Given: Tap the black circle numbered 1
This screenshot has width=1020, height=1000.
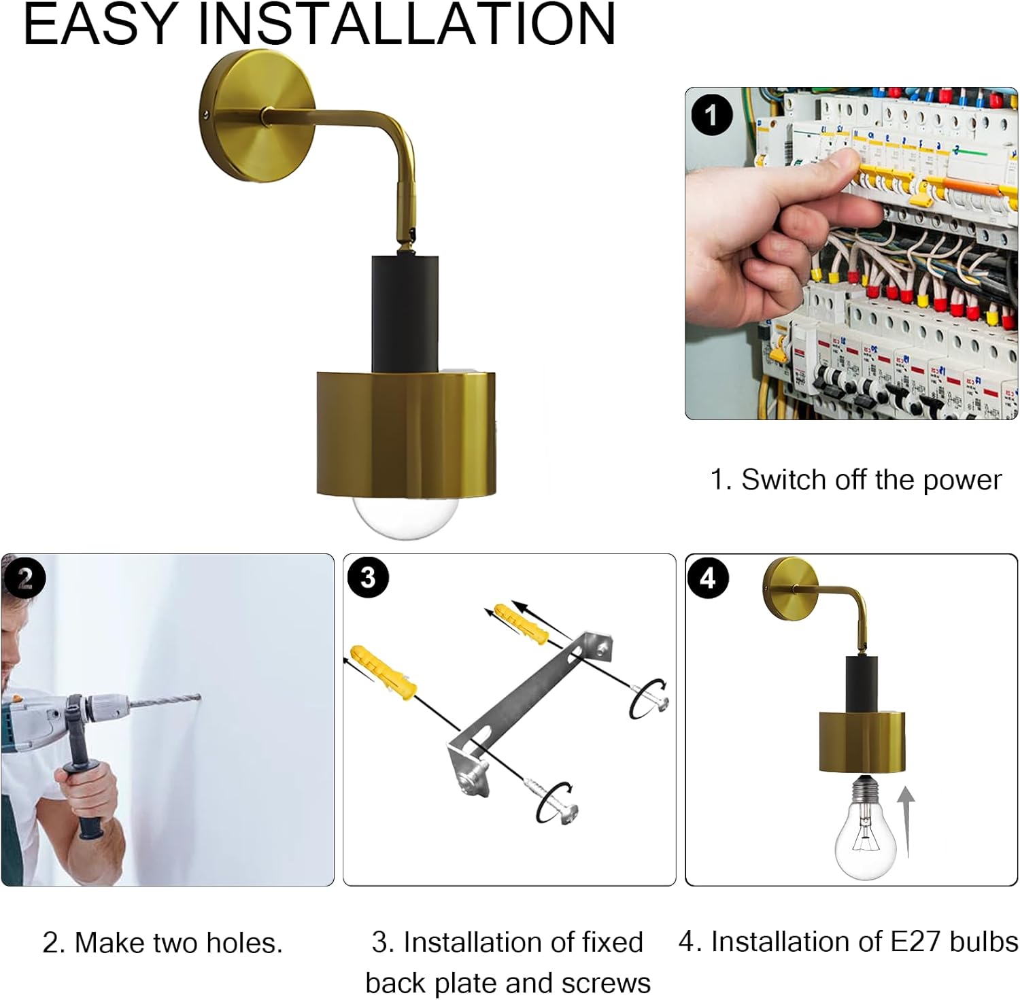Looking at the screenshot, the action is pyautogui.click(x=712, y=115).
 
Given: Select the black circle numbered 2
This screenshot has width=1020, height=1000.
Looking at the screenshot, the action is pyautogui.click(x=24, y=579).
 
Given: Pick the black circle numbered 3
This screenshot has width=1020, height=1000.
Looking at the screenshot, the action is pyautogui.click(x=368, y=578).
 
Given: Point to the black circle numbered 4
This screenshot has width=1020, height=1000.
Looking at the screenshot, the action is pyautogui.click(x=708, y=579).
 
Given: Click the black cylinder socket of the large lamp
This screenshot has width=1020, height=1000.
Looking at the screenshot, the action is pyautogui.click(x=404, y=314).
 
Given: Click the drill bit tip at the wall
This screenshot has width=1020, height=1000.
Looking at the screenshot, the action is pyautogui.click(x=200, y=695).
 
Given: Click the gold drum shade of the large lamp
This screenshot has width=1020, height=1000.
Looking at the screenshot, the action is pyautogui.click(x=406, y=433).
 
